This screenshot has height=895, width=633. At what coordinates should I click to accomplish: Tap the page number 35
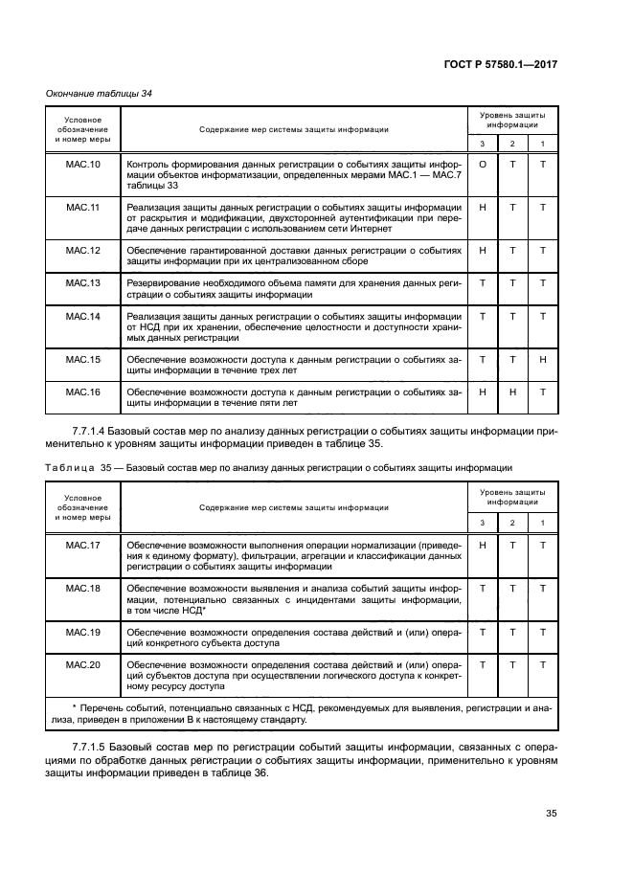[551, 814]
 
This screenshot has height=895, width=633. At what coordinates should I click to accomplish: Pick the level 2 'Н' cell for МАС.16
[512, 392]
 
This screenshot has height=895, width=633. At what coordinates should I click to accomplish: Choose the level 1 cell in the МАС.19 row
[542, 632]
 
